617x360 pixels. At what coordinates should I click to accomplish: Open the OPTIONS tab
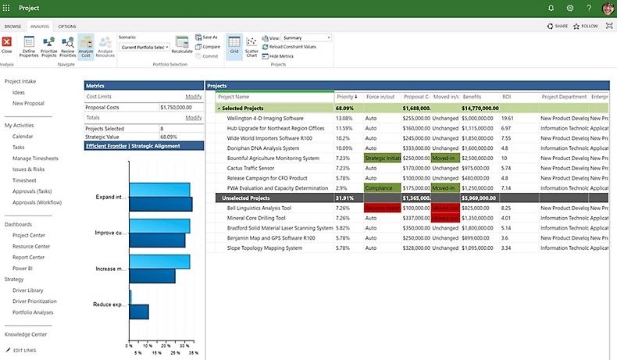pos(67,27)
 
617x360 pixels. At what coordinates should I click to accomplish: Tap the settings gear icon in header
pos(570,8)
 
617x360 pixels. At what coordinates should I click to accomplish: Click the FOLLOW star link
pos(585,26)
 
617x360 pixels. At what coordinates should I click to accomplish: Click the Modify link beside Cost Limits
pos(193,96)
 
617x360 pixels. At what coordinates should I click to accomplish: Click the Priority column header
pos(346,97)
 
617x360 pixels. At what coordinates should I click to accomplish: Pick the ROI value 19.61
pos(508,118)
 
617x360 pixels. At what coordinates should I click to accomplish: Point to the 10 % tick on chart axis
pos(148,345)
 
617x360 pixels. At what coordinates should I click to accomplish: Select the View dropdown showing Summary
pos(305,37)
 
